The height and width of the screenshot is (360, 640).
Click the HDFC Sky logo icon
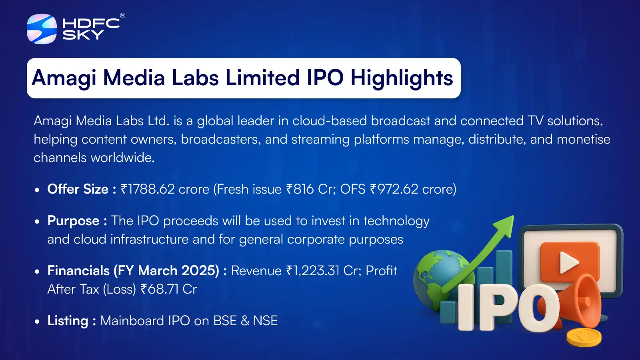click(x=42, y=29)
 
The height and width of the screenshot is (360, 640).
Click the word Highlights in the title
click(x=402, y=78)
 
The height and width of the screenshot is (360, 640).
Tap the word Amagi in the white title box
click(x=64, y=78)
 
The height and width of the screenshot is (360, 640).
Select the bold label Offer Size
click(x=78, y=189)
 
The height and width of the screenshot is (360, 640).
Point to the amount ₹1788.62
click(x=147, y=189)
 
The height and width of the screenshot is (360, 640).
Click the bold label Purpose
click(x=73, y=221)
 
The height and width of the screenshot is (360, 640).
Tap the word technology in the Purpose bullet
click(x=396, y=221)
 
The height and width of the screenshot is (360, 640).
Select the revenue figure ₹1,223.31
click(x=312, y=271)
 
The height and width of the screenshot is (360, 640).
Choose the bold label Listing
click(x=68, y=321)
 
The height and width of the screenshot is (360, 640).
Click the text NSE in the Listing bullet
click(x=265, y=321)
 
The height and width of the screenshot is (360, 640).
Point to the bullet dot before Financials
click(x=37, y=272)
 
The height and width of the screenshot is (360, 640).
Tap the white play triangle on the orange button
click(x=568, y=262)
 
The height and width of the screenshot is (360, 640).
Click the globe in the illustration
click(x=434, y=276)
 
